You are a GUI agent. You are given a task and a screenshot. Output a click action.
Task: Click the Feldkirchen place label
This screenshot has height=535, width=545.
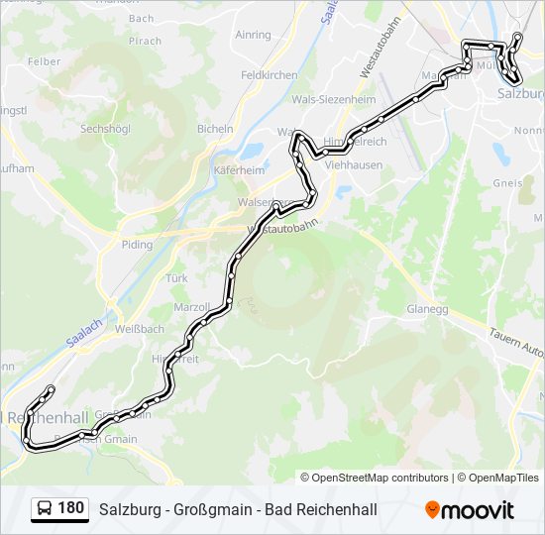click(x=269, y=75)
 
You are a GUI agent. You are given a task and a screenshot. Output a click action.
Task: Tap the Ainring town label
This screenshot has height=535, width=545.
click(x=254, y=35)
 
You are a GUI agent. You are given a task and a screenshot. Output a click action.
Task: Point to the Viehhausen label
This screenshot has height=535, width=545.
click(x=353, y=165)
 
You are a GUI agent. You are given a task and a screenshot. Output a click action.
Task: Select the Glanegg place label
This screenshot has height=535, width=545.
click(x=428, y=309)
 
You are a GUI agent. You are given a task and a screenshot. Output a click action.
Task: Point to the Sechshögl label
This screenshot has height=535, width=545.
click(x=105, y=129)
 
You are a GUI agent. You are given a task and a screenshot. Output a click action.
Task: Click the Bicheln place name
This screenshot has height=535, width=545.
click(x=215, y=129)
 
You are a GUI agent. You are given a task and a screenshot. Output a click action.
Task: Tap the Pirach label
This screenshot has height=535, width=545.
click(x=145, y=41)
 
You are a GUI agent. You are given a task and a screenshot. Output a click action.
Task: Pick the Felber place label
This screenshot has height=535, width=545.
click(x=45, y=61)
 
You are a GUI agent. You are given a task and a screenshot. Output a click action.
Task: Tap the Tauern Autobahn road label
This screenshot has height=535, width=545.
click(x=515, y=343)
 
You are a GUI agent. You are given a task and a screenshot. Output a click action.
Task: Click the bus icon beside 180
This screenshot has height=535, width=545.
click(x=45, y=509)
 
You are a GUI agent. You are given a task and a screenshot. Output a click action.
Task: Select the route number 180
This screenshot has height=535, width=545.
click(x=70, y=509)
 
